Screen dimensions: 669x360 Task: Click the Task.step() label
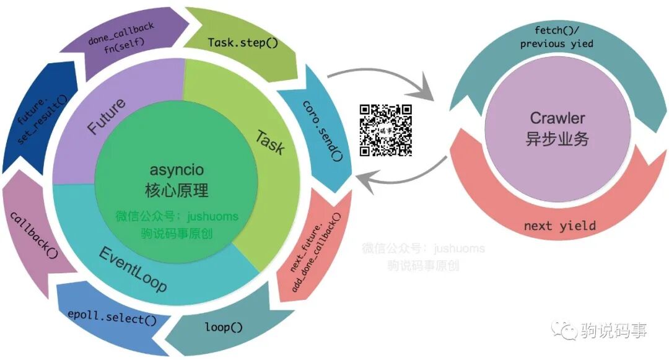(x=242, y=43)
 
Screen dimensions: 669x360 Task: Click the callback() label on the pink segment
(x=30, y=235)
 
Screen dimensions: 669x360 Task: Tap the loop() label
(x=224, y=327)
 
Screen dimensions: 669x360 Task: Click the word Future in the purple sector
(x=106, y=115)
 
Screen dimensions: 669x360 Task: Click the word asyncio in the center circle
(x=177, y=169)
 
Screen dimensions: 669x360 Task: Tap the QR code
(x=386, y=130)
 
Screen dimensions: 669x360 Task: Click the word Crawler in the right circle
(x=557, y=118)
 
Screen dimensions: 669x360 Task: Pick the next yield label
(x=559, y=226)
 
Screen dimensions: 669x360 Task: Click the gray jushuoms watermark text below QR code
(x=424, y=249)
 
